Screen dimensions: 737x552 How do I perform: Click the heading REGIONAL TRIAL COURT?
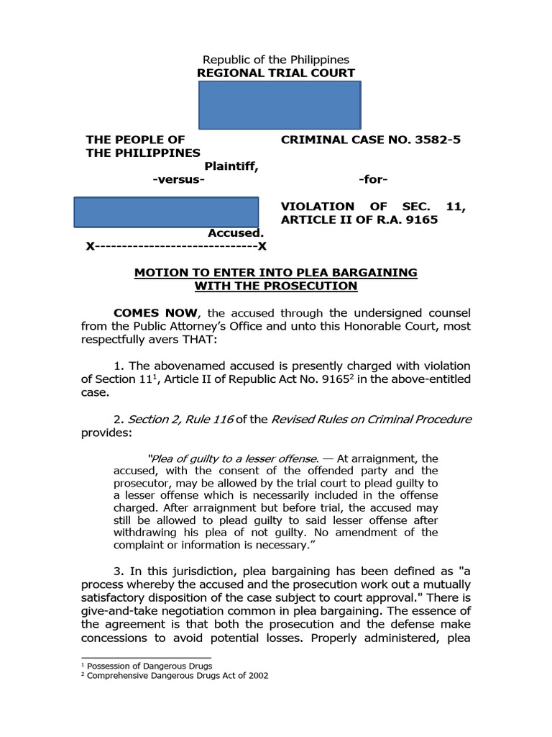[276, 73]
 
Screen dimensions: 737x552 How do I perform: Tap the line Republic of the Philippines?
[276, 59]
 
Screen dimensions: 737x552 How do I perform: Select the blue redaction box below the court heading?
[280, 105]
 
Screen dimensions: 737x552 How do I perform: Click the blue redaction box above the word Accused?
[167, 212]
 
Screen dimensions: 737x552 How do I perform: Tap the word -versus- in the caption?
[179, 180]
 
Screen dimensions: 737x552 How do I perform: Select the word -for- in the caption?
[372, 180]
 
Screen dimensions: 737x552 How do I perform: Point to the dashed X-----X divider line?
[176, 246]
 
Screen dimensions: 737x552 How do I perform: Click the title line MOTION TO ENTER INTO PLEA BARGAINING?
[276, 272]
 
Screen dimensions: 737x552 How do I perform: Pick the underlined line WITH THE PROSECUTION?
[276, 286]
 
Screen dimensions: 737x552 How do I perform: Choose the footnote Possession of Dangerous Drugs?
[149, 666]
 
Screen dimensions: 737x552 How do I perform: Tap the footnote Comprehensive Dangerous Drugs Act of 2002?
[178, 676]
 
